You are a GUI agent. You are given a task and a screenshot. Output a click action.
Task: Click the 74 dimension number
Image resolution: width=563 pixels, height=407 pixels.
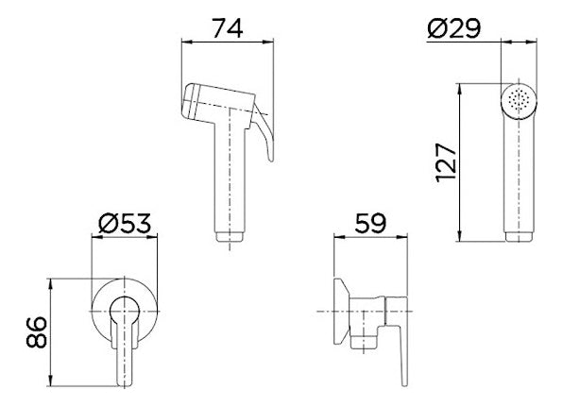pyautogui.click(x=228, y=28)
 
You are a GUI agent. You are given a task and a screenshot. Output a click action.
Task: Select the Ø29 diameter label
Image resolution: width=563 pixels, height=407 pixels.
pyautogui.click(x=453, y=28)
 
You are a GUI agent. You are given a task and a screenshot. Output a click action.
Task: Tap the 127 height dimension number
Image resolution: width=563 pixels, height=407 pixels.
pyautogui.click(x=446, y=162)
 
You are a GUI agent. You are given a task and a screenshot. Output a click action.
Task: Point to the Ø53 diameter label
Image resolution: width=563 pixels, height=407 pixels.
pyautogui.click(x=125, y=223)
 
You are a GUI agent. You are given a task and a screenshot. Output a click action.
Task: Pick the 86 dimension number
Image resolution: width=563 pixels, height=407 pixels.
pyautogui.click(x=37, y=332)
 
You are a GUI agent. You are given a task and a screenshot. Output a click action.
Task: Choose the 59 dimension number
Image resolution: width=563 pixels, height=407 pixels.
pyautogui.click(x=370, y=223)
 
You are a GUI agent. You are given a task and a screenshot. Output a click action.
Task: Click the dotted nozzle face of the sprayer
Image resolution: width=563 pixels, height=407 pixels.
pyautogui.click(x=519, y=100)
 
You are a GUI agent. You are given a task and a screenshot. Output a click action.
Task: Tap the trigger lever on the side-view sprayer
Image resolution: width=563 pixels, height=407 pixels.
pyautogui.click(x=264, y=133)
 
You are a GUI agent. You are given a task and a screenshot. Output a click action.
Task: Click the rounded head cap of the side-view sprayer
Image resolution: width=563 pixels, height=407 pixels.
pyautogui.click(x=189, y=100)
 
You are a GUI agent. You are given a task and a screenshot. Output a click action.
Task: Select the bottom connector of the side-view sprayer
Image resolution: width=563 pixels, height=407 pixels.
pyautogui.click(x=230, y=237)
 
